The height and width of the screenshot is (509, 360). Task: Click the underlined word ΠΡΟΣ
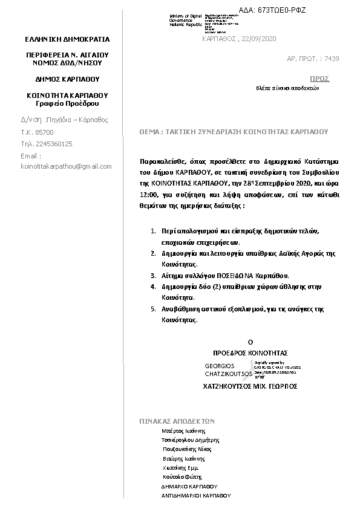(x=319, y=79)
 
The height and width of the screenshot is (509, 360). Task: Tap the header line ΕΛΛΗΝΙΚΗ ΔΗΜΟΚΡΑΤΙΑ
(x=67, y=39)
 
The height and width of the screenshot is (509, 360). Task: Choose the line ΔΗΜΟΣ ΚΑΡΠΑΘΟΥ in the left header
(x=67, y=79)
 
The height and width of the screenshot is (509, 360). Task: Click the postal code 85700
(x=45, y=132)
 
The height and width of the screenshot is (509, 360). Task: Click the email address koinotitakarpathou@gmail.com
(x=66, y=166)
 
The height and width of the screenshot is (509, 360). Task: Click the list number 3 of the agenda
(x=154, y=275)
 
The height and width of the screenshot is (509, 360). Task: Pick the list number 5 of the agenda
(x=154, y=309)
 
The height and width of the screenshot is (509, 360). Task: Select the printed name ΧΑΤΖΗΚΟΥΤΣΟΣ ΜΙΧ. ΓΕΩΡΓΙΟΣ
(x=250, y=386)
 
